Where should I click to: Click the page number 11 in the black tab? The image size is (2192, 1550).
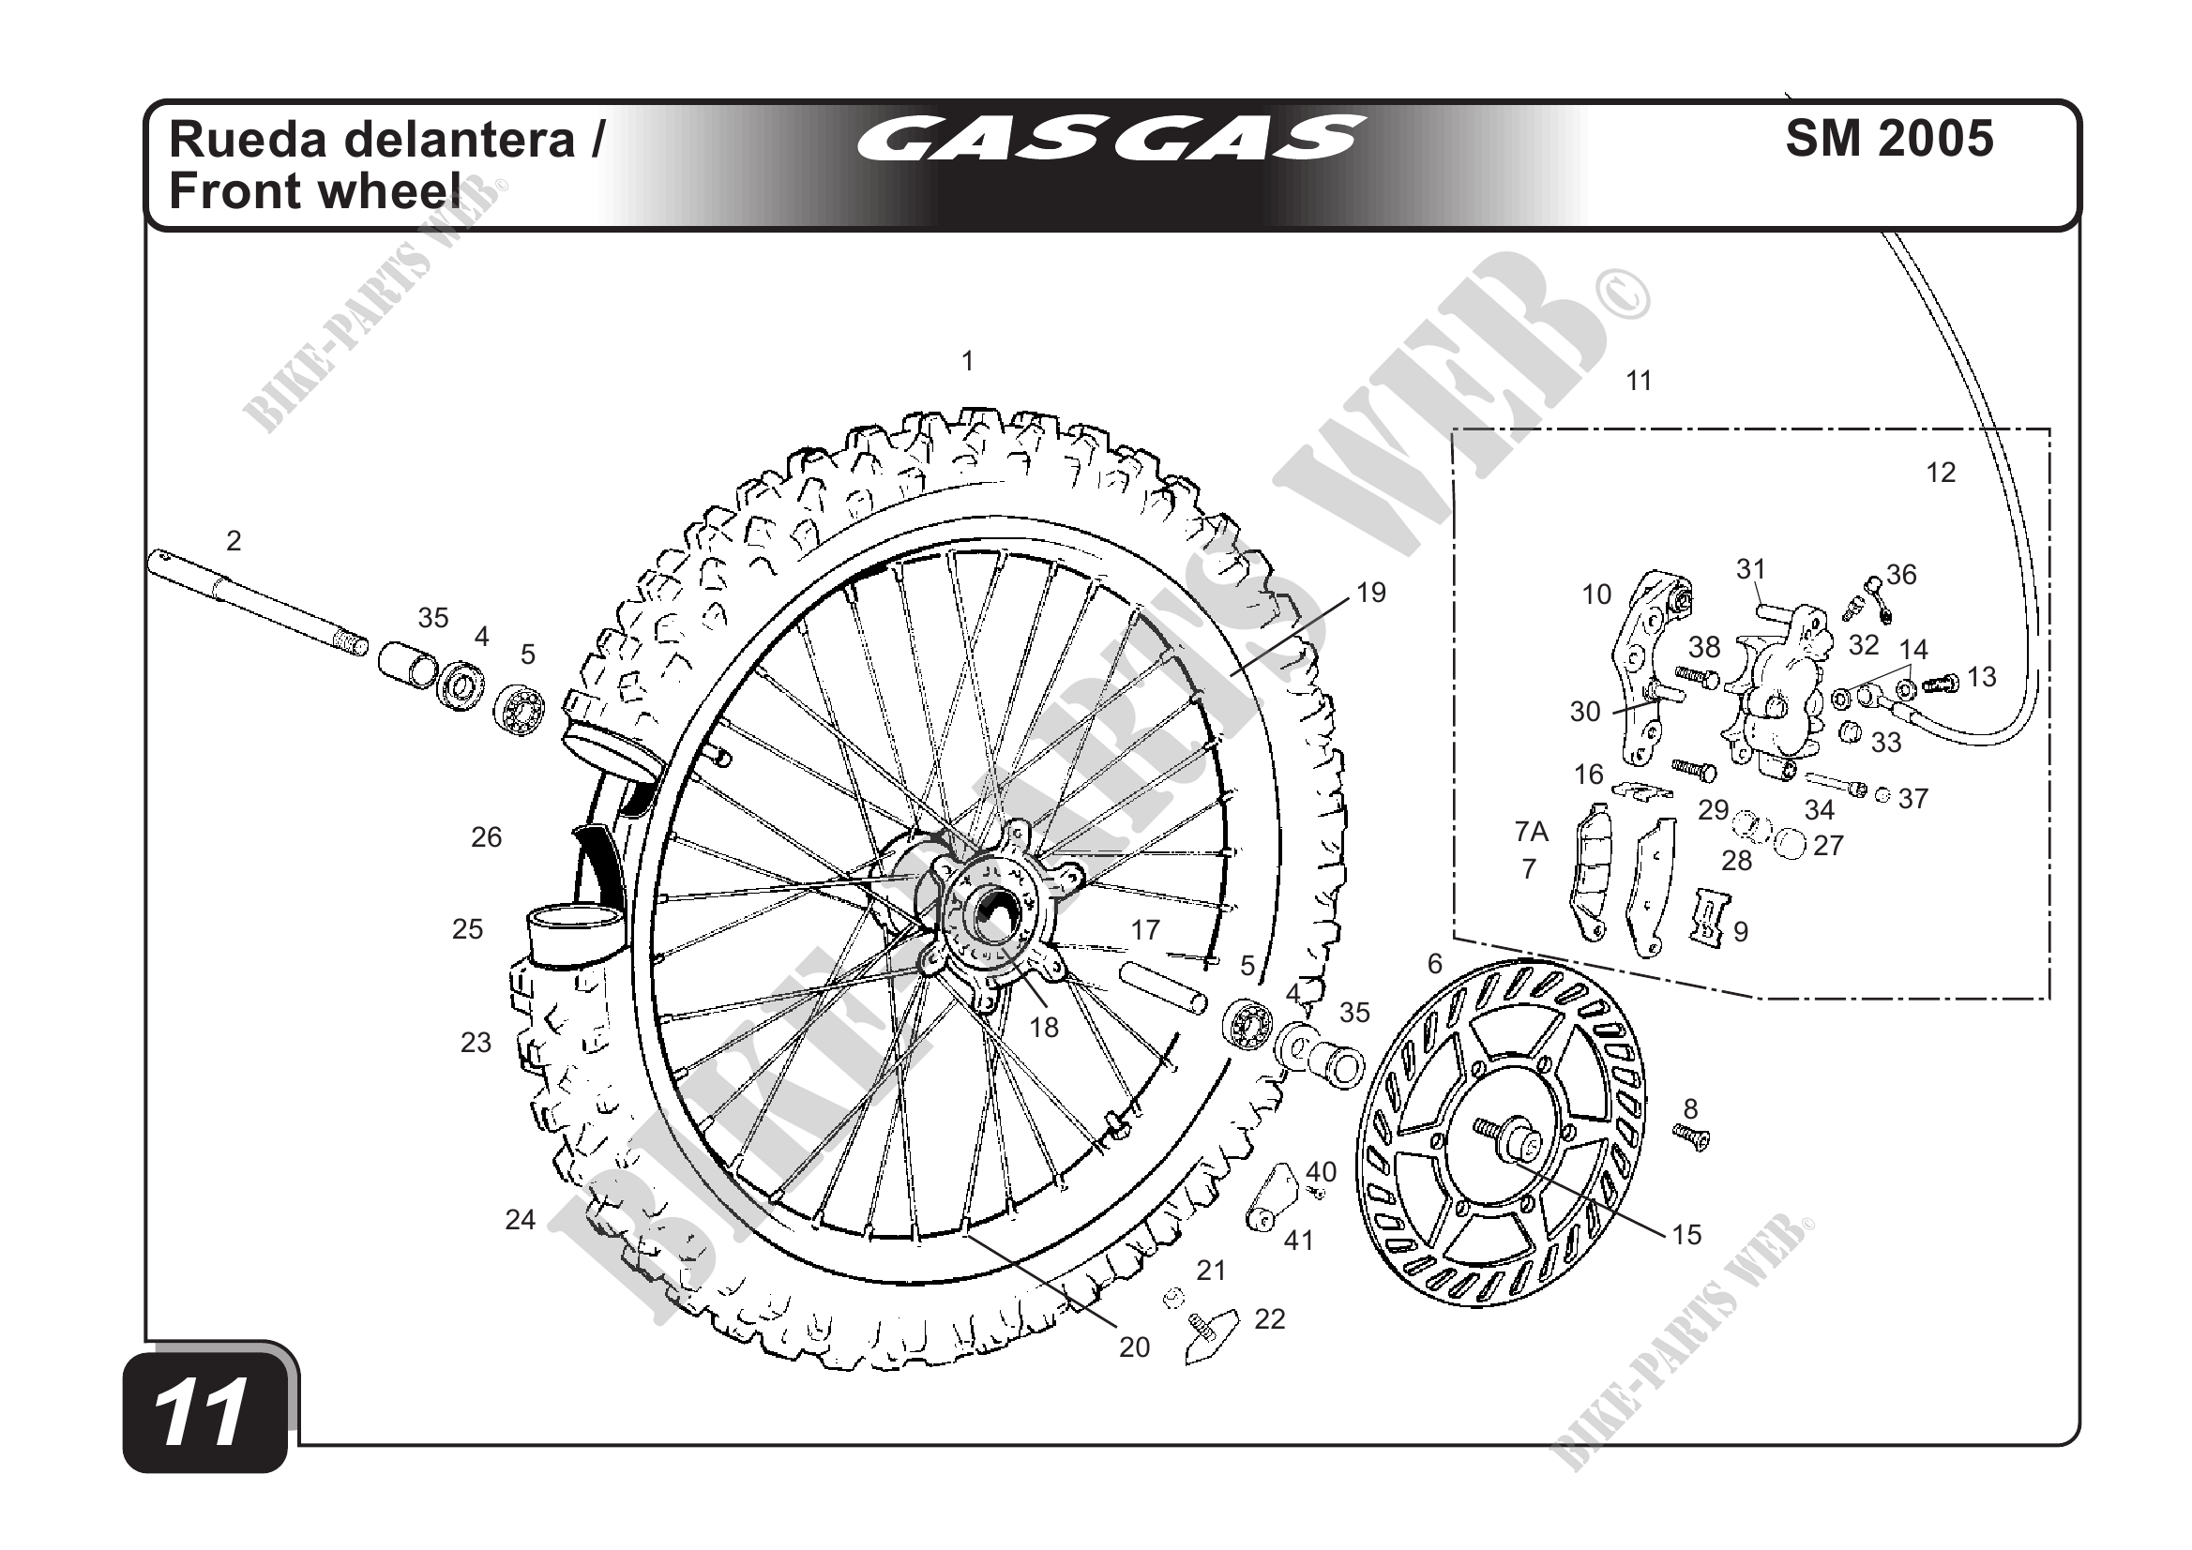point(204,1413)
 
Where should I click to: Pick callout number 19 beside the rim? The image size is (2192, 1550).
point(1371,593)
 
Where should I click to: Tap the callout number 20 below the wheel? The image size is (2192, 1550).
point(1134,1347)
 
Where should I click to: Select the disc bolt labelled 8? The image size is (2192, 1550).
point(1692,1136)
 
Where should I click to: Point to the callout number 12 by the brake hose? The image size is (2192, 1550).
point(1940,473)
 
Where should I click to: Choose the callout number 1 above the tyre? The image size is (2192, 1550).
point(967,362)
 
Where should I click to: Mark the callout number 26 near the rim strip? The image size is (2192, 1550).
point(486,837)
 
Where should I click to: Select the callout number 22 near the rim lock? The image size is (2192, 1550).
point(1269,1319)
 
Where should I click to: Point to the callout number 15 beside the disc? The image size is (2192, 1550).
point(1686,1234)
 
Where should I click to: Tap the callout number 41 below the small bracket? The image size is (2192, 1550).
point(1298,1240)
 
